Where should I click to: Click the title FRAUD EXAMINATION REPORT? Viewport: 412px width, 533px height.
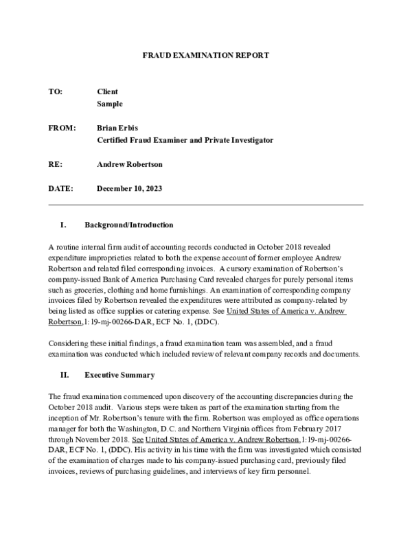[205, 54]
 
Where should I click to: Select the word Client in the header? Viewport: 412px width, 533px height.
[108, 91]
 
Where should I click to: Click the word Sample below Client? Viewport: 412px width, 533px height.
[110, 104]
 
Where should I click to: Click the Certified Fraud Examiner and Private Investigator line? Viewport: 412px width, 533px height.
[185, 140]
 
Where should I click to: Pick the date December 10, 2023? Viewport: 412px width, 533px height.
[130, 188]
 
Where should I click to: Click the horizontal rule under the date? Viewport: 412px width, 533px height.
[205, 205]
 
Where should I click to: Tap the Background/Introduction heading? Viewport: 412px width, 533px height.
[128, 225]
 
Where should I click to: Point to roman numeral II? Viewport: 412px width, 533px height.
[62, 375]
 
